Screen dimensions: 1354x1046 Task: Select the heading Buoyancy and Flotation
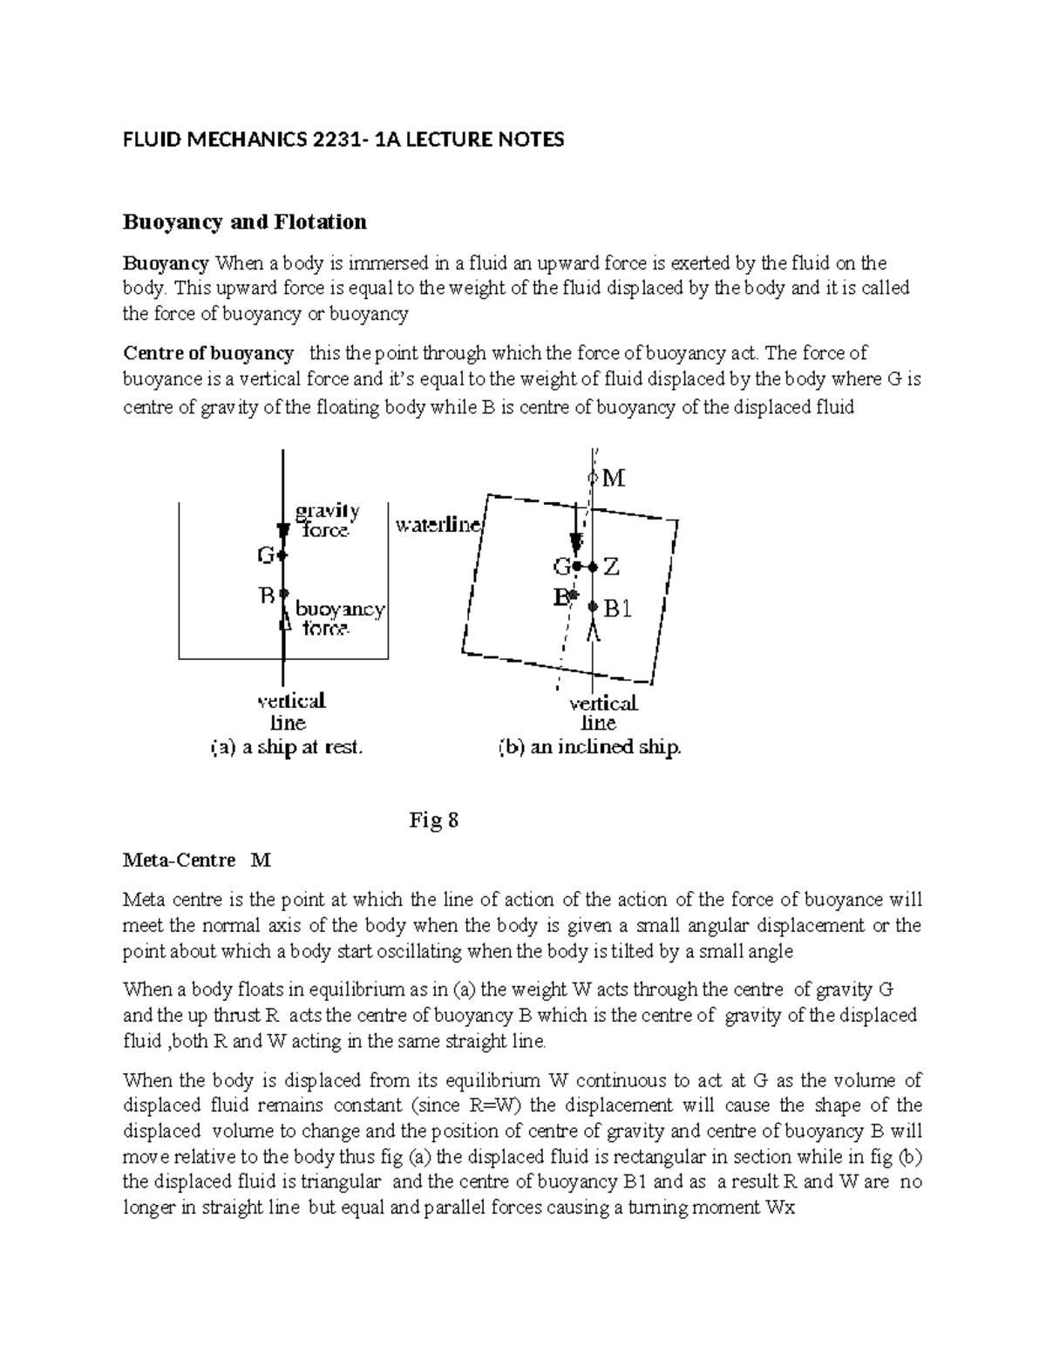tap(244, 222)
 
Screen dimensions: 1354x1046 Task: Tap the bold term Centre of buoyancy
tap(208, 353)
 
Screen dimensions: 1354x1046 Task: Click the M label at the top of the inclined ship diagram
tap(615, 478)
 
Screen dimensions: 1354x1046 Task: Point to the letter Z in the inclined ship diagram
tap(612, 567)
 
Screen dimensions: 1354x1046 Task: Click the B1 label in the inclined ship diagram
tap(617, 609)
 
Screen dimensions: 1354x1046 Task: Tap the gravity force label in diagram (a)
tap(328, 520)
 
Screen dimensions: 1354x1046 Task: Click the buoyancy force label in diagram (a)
tap(340, 617)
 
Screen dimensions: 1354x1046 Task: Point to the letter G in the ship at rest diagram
tap(265, 555)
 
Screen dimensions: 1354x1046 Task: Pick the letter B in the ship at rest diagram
tap(266, 595)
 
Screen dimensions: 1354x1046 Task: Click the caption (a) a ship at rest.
tap(286, 747)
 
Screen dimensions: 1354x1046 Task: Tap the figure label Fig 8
tap(433, 820)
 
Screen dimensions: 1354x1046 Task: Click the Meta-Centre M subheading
tap(197, 861)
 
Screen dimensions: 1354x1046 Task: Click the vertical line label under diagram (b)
tap(602, 712)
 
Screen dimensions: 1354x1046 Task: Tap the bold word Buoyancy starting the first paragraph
tap(166, 263)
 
